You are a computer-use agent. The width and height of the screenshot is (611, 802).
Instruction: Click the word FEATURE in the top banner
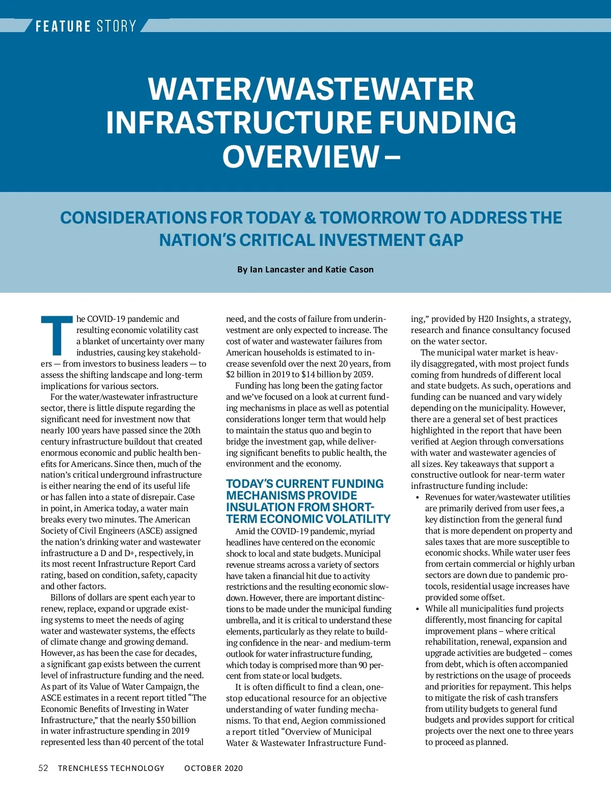point(63,26)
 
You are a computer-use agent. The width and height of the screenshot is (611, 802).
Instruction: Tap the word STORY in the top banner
point(116,26)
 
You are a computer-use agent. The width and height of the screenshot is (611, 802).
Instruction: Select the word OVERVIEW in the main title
point(300,156)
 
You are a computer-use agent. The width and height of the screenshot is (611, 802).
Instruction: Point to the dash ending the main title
point(393,156)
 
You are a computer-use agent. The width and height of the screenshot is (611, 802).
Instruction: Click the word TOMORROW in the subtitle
point(370,218)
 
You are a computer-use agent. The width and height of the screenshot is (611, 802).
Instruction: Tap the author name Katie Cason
point(349,269)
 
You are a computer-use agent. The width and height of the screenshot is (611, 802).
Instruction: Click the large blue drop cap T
point(57,336)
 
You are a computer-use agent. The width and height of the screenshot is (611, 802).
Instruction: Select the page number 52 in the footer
point(43,768)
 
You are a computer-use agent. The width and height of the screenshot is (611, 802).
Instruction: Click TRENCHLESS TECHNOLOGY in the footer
point(111,768)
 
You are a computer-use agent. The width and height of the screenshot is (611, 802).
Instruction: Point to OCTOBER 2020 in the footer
point(213,768)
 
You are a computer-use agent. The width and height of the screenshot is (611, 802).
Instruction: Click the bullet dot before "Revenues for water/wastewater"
point(418,497)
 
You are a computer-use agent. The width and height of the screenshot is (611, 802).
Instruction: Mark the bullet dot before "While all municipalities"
point(418,609)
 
